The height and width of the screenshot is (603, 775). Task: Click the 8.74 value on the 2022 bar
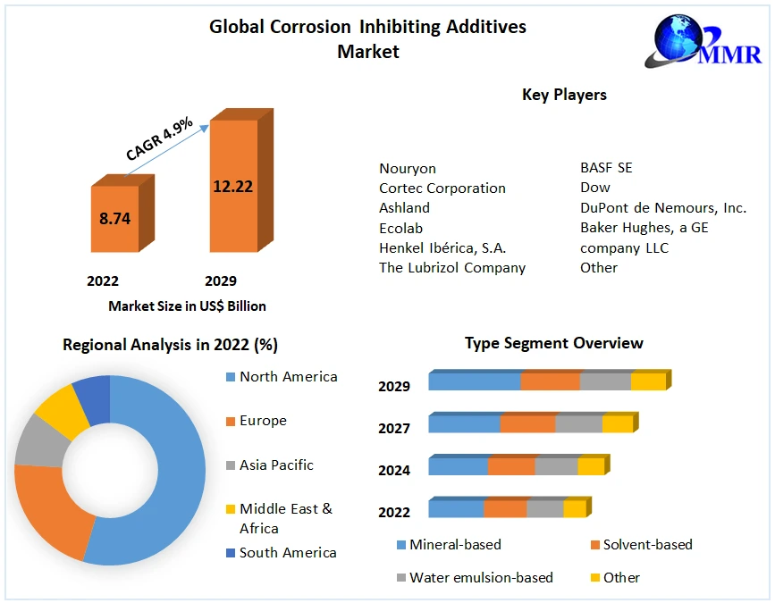[x=114, y=218]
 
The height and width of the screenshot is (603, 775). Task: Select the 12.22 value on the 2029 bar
[x=232, y=187]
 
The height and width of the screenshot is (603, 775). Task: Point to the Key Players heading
[x=564, y=95]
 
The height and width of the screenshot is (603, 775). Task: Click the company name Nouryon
[x=408, y=168]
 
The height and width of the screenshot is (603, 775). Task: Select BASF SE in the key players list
[x=606, y=168]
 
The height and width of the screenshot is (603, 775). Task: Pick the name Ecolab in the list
[x=401, y=228]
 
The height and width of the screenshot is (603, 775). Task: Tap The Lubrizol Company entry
[x=452, y=267]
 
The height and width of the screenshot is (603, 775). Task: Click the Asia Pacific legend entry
[x=276, y=465]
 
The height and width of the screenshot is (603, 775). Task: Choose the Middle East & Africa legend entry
[x=285, y=518]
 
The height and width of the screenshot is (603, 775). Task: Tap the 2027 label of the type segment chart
[x=394, y=429]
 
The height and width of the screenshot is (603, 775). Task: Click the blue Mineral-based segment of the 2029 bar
[x=474, y=381]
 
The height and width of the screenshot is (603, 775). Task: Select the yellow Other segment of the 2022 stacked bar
[x=574, y=508]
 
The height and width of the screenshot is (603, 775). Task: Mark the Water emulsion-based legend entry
[x=481, y=577]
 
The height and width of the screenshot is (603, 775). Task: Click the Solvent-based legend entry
[x=647, y=544]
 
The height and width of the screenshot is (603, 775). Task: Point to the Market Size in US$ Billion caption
[x=187, y=306]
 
